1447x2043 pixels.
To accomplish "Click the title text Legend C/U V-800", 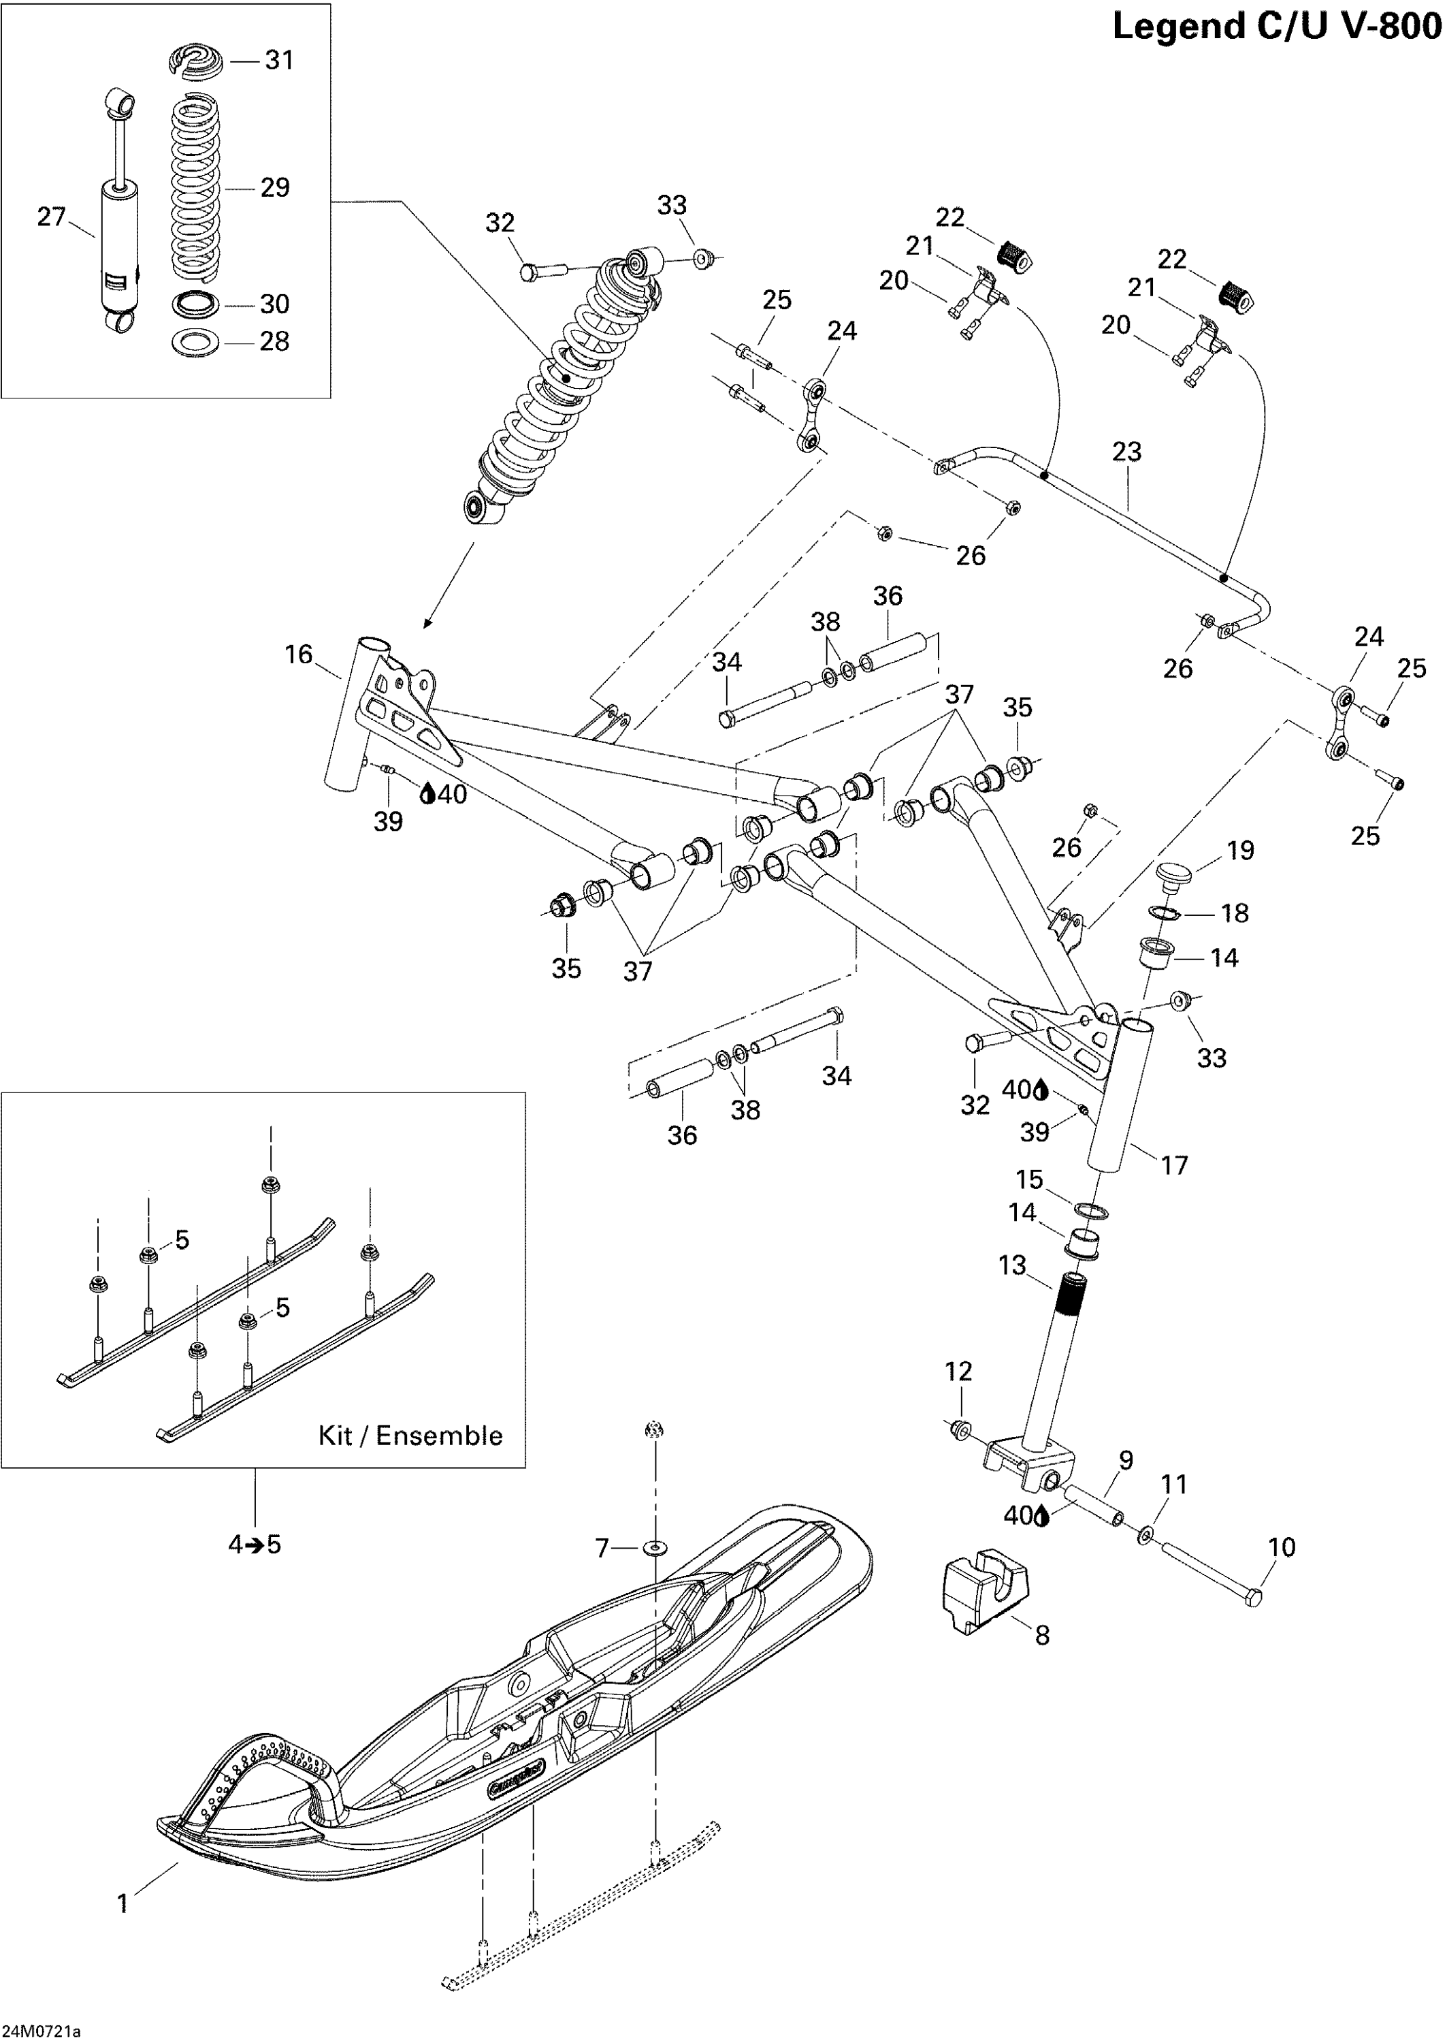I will click(1276, 27).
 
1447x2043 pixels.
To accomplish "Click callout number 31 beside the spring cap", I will click(279, 60).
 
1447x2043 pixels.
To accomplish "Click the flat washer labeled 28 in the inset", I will click(195, 343).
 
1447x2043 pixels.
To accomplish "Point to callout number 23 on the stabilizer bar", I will click(1126, 452).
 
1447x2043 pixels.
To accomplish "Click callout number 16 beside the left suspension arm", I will click(299, 654).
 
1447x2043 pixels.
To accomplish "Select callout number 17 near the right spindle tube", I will click(1174, 1165).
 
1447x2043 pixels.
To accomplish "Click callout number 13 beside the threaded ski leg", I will click(1012, 1266).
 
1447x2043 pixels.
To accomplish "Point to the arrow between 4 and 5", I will click(255, 1545).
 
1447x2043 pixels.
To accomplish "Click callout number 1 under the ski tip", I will click(123, 1904).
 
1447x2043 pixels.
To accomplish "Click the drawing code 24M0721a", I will click(41, 2031).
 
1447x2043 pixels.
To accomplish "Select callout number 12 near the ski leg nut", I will click(959, 1371).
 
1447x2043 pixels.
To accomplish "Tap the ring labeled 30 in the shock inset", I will click(195, 304).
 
